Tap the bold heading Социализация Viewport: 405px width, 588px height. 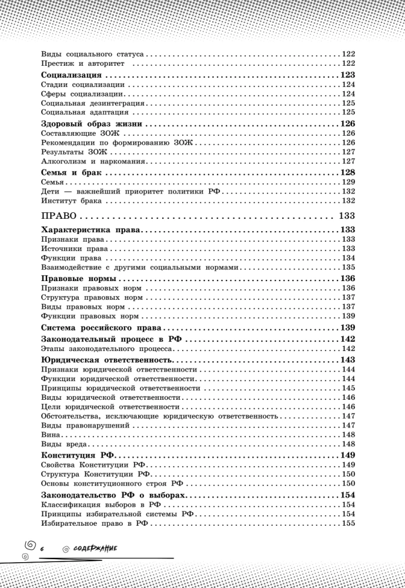click(73, 75)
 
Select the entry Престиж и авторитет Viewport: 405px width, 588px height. click(86, 63)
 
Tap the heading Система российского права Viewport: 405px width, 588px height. click(103, 327)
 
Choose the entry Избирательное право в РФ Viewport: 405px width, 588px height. click(92, 524)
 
